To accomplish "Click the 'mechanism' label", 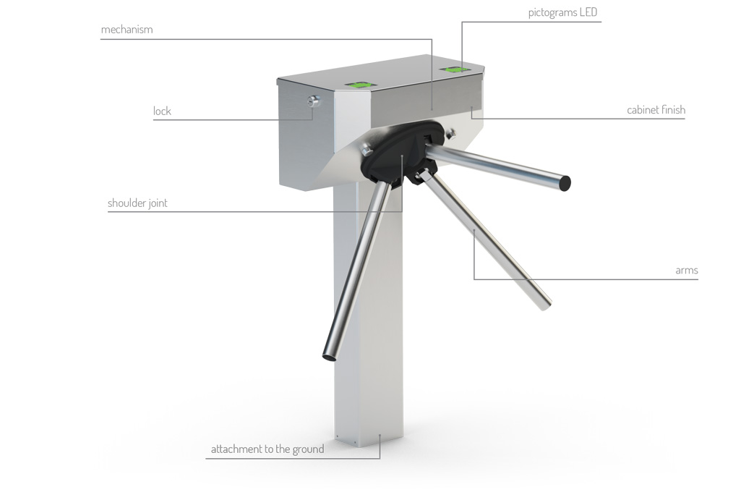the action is [x=127, y=30].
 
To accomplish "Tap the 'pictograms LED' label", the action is [x=562, y=12].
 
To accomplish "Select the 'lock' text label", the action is [x=162, y=111].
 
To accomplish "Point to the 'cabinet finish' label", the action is [x=656, y=110].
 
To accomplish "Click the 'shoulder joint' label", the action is [x=137, y=203].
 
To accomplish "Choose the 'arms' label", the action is [x=687, y=271].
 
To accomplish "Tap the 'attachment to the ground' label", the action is [x=267, y=449].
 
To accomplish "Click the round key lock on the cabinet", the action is [x=314, y=101].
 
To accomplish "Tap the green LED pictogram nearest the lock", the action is [x=363, y=85].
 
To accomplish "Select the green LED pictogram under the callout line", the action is [x=455, y=70].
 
